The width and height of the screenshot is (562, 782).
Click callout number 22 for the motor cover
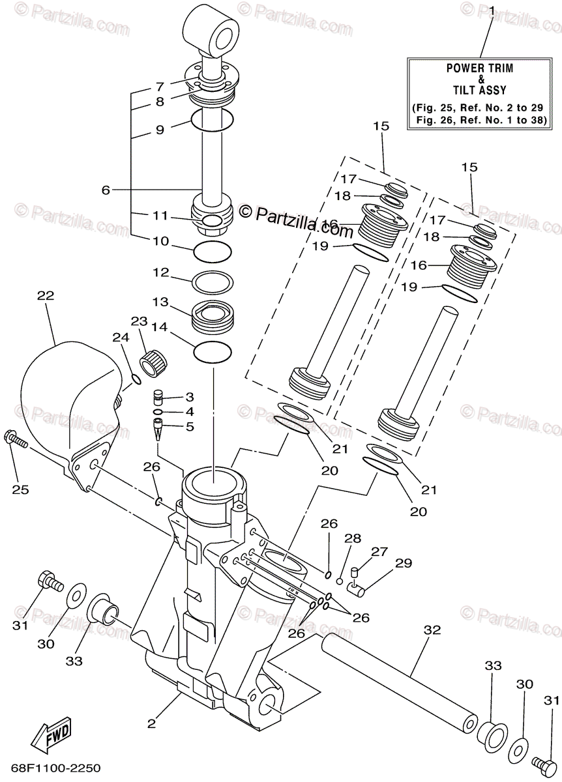point(45,296)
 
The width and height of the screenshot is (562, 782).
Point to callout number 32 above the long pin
point(432,630)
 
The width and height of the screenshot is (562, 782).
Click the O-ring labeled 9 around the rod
point(212,120)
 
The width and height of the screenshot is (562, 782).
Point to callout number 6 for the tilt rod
point(106,190)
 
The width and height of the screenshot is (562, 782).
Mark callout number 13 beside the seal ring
point(160,303)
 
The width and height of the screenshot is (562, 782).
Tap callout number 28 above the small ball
point(352,539)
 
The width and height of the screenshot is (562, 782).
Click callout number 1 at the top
point(492,11)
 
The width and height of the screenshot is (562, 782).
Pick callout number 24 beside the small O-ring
point(117,338)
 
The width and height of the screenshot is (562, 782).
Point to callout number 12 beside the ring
point(160,272)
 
